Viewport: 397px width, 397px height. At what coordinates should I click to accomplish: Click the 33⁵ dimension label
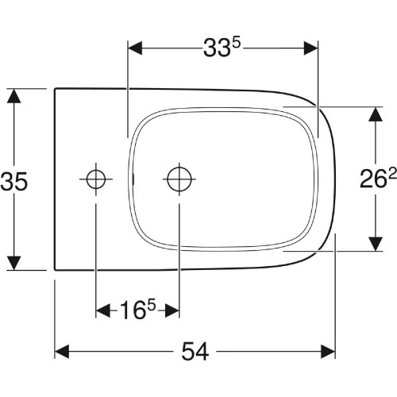(x=222, y=48)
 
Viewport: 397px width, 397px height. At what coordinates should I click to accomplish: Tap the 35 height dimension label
(x=14, y=181)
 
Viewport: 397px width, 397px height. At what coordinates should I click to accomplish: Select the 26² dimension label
(x=378, y=179)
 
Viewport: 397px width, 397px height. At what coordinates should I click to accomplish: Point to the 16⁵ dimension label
(x=137, y=310)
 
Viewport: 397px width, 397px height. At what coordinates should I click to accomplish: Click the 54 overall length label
(x=195, y=352)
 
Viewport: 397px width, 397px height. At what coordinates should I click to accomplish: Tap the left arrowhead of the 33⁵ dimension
(x=135, y=48)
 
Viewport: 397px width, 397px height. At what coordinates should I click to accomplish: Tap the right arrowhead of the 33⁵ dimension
(x=310, y=48)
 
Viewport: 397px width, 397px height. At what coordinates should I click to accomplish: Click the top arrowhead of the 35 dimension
(x=13, y=96)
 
